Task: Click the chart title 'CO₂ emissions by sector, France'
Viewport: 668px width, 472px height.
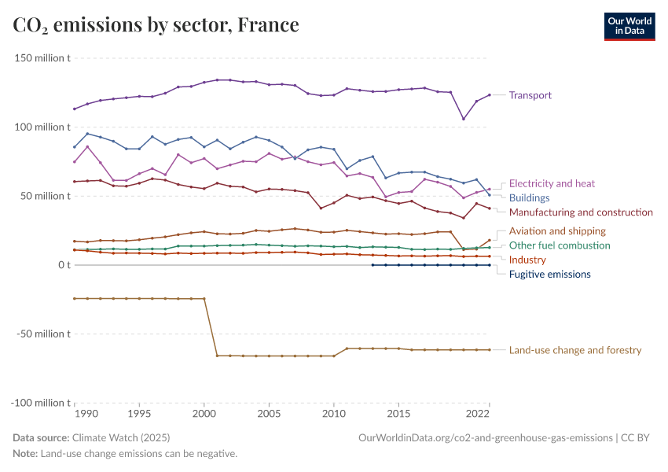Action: pos(156,25)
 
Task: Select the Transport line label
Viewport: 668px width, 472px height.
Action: pos(530,95)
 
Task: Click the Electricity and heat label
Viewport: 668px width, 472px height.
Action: pos(552,183)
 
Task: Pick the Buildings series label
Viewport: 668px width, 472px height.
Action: pos(529,197)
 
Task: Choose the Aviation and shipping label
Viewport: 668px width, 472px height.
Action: pos(557,230)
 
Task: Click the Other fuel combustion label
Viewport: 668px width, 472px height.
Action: pos(560,245)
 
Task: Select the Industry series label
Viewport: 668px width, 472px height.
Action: pos(527,260)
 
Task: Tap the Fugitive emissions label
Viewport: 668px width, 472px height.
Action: pos(549,274)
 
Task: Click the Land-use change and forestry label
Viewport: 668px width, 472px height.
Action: pos(575,350)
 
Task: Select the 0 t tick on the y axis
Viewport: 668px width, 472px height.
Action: pos(64,265)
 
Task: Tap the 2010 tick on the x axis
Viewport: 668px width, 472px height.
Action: pos(334,413)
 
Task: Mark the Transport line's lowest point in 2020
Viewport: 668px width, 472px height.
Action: pos(464,119)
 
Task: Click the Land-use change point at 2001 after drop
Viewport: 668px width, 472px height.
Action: pos(218,356)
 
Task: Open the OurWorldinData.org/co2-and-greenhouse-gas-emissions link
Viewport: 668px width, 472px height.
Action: pos(484,437)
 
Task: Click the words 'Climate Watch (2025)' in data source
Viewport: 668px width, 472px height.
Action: pos(121,437)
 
